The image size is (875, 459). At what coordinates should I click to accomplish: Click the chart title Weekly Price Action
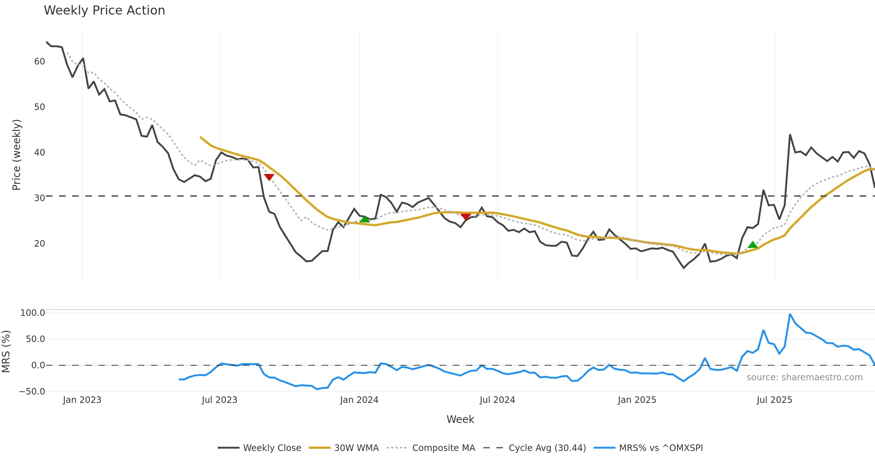click(x=104, y=11)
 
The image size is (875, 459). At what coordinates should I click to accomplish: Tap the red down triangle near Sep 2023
click(x=269, y=177)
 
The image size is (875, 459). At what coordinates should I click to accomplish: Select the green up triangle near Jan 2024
click(x=365, y=219)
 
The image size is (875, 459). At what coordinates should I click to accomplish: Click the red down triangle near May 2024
click(x=466, y=217)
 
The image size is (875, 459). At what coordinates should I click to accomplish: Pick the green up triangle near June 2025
click(x=752, y=245)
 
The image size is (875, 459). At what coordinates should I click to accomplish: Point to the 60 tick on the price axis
click(x=39, y=62)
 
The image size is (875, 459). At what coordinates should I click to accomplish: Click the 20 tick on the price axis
click(x=39, y=244)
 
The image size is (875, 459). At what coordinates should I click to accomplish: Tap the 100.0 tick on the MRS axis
click(x=33, y=313)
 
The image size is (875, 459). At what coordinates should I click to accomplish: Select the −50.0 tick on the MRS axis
click(x=32, y=392)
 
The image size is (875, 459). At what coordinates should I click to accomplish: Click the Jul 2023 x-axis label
click(x=219, y=400)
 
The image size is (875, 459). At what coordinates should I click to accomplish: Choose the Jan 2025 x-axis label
click(x=637, y=400)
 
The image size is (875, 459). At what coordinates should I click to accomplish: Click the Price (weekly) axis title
click(x=17, y=155)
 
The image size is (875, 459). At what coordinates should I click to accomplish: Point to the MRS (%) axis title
click(x=6, y=351)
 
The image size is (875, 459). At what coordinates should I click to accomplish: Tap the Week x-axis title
click(x=460, y=420)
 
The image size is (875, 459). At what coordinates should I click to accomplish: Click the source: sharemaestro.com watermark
click(x=804, y=377)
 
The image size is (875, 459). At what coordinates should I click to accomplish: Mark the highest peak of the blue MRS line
click(x=790, y=314)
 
